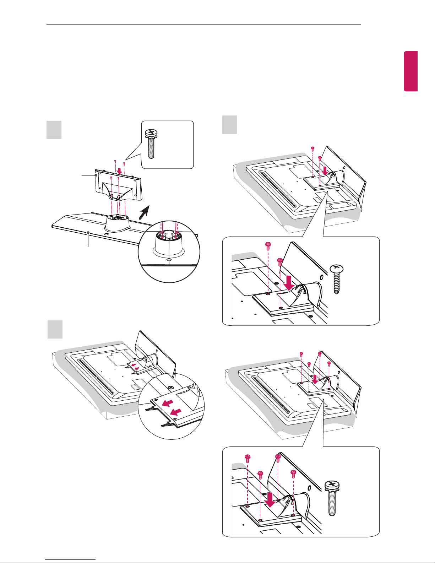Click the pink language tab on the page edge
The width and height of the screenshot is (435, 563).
click(x=410, y=71)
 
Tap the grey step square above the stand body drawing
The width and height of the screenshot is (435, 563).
click(x=54, y=130)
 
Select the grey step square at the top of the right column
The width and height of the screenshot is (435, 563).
click(x=229, y=125)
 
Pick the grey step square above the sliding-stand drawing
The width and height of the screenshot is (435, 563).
click(x=55, y=329)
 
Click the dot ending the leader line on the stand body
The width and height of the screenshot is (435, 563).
click(x=96, y=175)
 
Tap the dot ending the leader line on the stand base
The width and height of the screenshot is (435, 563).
click(x=88, y=233)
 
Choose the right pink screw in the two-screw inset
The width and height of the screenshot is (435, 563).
click(x=280, y=262)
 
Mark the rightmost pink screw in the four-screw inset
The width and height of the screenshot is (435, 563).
click(x=293, y=473)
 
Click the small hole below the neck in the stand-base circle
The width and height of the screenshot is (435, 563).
click(x=169, y=260)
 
